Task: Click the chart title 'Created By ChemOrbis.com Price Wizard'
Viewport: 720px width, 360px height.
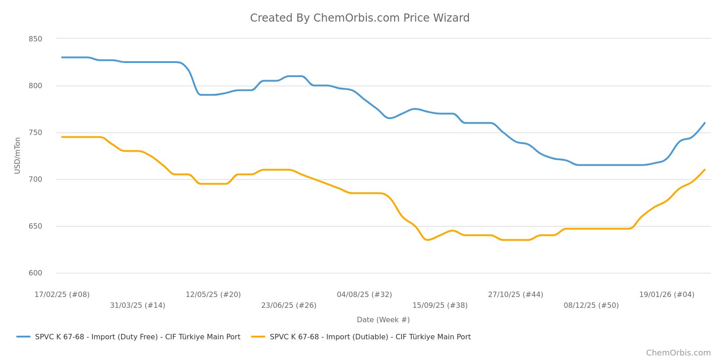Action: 360,18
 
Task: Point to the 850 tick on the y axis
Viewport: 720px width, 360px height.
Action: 35,39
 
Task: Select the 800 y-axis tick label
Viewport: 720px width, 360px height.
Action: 35,86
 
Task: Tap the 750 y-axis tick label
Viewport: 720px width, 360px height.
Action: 35,133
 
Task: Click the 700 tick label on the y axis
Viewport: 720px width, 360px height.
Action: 35,180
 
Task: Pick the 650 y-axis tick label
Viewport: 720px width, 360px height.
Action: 35,226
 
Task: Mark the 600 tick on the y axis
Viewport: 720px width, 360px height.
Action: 35,273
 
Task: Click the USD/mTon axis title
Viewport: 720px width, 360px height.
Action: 18,155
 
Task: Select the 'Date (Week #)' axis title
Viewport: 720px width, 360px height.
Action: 383,320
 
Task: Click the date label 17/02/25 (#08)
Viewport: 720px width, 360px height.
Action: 62,295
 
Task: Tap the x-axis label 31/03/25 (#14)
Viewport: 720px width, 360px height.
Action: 138,306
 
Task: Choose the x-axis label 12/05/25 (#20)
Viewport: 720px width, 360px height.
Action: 213,295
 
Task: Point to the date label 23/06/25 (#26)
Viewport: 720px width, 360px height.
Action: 289,306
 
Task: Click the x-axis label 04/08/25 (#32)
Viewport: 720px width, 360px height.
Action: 364,295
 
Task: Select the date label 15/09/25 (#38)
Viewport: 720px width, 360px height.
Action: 440,306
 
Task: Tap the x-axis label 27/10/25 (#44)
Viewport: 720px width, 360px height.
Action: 516,295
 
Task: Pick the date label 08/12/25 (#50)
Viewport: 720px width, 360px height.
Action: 591,306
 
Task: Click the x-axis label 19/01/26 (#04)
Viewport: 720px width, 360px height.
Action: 667,295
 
